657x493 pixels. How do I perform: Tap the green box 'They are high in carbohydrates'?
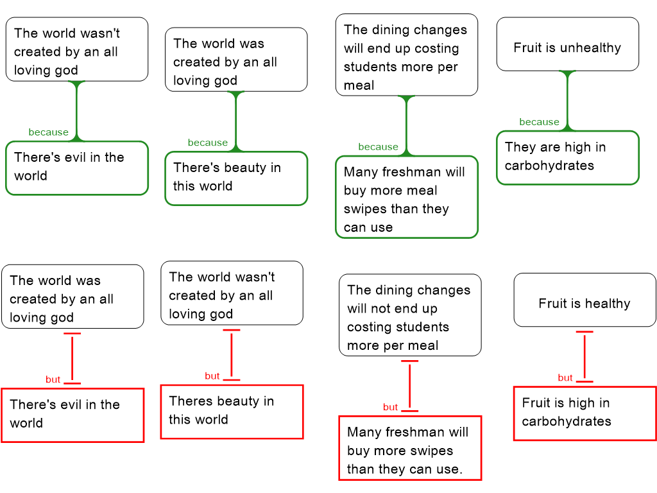[x=568, y=157]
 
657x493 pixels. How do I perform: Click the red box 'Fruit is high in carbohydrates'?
[x=584, y=413]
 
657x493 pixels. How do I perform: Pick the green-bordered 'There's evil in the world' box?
[x=77, y=168]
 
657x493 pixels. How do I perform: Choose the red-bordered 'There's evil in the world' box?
[x=73, y=415]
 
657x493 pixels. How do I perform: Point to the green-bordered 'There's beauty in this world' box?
[x=236, y=178]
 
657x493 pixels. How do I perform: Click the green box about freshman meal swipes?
[x=407, y=197]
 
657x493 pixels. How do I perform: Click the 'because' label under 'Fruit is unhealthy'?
[x=539, y=122]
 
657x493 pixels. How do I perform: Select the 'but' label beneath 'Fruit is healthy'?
[x=565, y=377]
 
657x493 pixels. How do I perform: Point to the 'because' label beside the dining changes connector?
[x=378, y=146]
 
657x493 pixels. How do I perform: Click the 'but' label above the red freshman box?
[x=391, y=407]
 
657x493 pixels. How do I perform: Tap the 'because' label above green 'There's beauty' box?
[x=207, y=143]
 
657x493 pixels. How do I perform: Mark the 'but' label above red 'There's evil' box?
[x=53, y=379]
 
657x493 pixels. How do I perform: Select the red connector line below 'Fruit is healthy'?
[x=584, y=357]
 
